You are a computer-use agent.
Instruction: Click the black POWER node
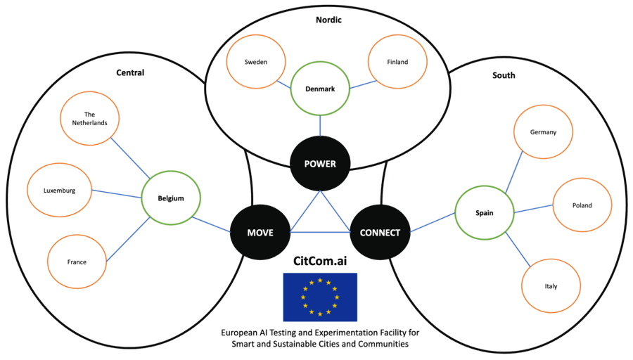(320, 164)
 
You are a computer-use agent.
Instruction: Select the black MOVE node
(260, 233)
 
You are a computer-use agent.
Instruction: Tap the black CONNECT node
(380, 233)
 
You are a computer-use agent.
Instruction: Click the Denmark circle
(320, 89)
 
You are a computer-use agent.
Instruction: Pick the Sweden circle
(256, 62)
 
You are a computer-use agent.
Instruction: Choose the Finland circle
(397, 62)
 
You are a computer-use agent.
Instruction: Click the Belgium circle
(171, 198)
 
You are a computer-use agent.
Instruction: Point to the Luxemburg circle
(59, 191)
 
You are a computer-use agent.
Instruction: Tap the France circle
(77, 262)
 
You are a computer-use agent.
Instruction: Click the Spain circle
(484, 211)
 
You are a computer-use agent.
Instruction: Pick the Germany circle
(544, 132)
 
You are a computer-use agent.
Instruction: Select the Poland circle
(582, 205)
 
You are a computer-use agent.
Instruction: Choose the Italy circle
(551, 286)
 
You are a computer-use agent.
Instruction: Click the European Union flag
(320, 297)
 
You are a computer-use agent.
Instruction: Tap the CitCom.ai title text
(320, 261)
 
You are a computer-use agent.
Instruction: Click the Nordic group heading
(328, 20)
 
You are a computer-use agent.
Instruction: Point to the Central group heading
(130, 72)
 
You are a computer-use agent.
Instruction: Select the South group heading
(504, 75)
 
